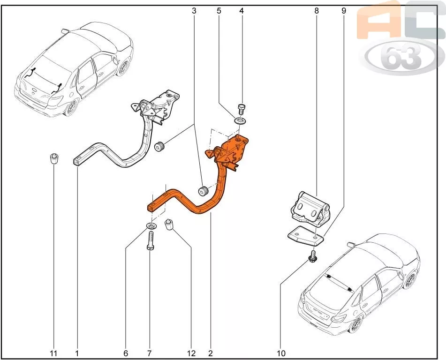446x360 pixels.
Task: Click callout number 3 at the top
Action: click(194, 11)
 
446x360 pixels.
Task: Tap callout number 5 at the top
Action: click(219, 11)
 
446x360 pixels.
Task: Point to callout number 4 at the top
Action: click(242, 11)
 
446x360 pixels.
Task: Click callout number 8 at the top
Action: click(317, 11)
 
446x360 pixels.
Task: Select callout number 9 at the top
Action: click(344, 11)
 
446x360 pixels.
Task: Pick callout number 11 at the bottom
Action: click(53, 353)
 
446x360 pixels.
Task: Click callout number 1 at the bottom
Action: click(77, 353)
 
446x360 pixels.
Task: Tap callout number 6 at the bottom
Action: click(126, 353)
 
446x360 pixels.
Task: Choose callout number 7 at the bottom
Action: click(149, 353)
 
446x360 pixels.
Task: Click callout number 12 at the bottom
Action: click(191, 353)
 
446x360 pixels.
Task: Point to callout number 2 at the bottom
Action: click(211, 353)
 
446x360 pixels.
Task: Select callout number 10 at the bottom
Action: click(281, 353)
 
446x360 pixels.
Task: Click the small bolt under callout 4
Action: click(242, 109)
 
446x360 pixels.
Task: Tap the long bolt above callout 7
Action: click(151, 240)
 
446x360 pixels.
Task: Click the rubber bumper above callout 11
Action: click(53, 158)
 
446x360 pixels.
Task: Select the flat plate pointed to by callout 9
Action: click(306, 237)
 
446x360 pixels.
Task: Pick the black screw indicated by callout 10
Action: click(313, 256)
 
